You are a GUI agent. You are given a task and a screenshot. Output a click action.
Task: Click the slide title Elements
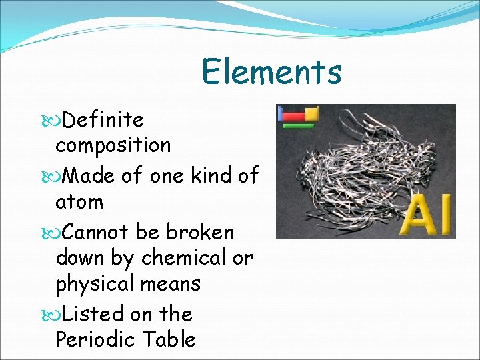[x=271, y=72]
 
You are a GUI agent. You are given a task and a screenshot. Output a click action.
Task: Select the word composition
[x=113, y=145]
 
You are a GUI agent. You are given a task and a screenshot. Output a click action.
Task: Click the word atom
[x=79, y=201]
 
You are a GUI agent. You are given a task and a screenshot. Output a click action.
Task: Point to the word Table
[x=169, y=339]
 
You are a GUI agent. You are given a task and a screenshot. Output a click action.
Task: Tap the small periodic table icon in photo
[x=298, y=116]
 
